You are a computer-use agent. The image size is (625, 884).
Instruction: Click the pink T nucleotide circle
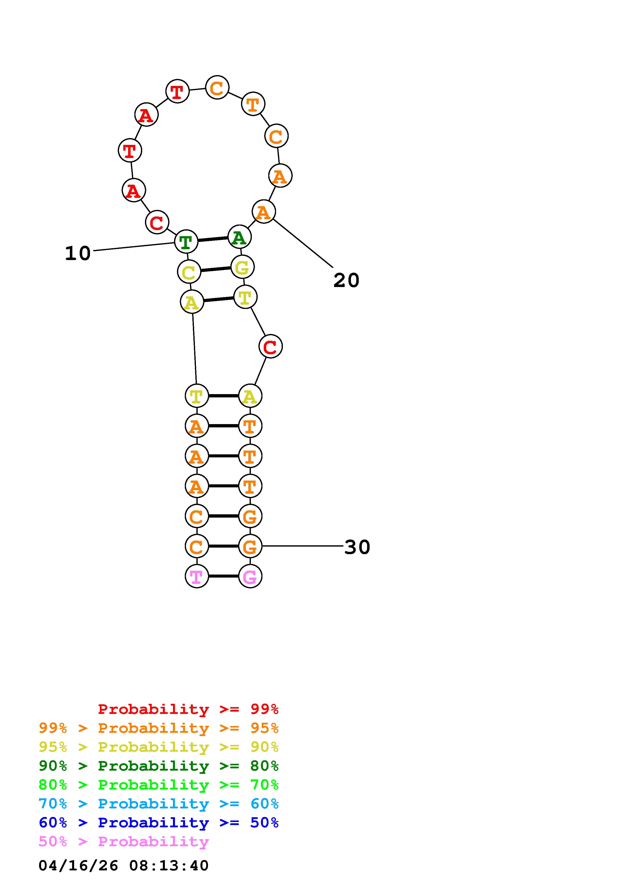pyautogui.click(x=197, y=576)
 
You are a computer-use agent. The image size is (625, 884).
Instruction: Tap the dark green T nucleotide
pyautogui.click(x=186, y=242)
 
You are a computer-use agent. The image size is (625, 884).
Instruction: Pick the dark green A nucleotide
pyautogui.click(x=240, y=237)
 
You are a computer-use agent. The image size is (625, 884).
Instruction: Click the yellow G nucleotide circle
pyautogui.click(x=242, y=267)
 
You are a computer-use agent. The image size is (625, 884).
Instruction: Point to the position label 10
pyautogui.click(x=78, y=253)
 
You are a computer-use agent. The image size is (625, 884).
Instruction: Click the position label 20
pyautogui.click(x=346, y=280)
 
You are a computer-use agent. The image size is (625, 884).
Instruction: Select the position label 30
pyautogui.click(x=357, y=547)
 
